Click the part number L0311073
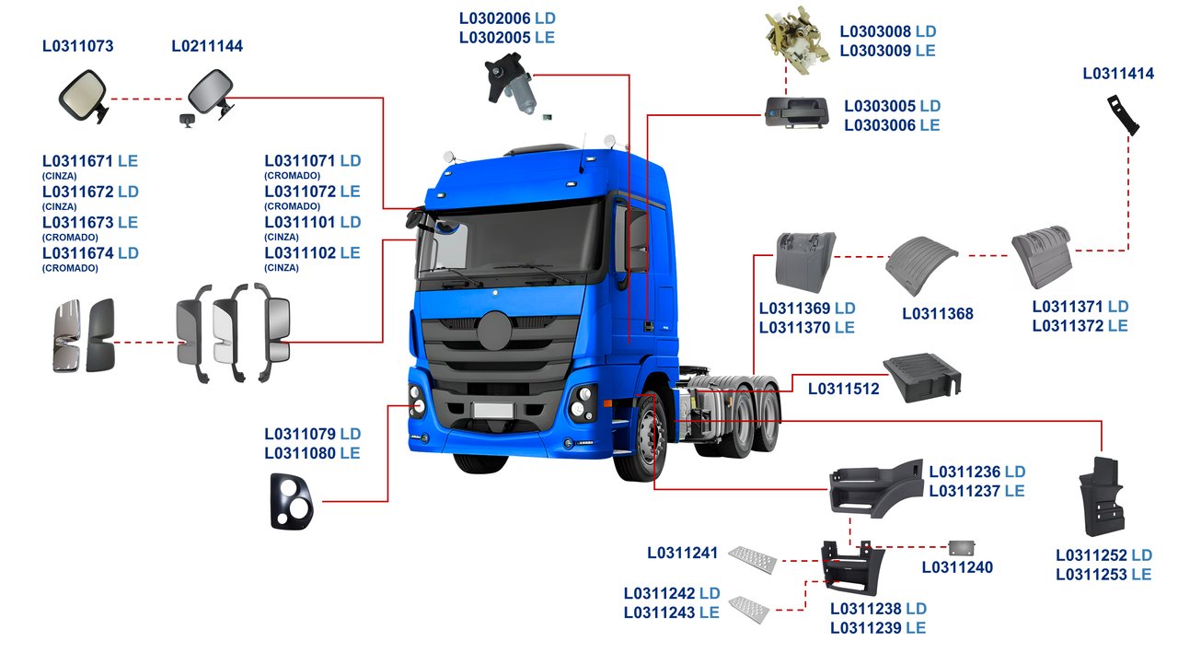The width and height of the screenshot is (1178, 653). pos(78,46)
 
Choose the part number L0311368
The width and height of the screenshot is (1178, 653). pos(938,314)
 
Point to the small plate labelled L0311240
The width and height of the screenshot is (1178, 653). pos(961,548)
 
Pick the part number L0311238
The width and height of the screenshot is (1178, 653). pos(867,609)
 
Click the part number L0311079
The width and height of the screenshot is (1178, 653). pos(300,434)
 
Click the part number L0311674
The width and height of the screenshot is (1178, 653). pos(78,252)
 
